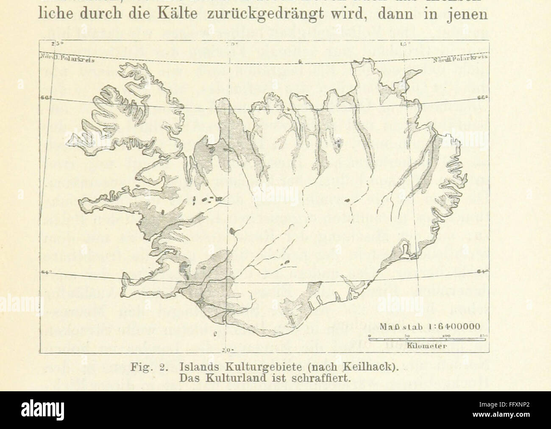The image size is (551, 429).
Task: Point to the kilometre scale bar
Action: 428,338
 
